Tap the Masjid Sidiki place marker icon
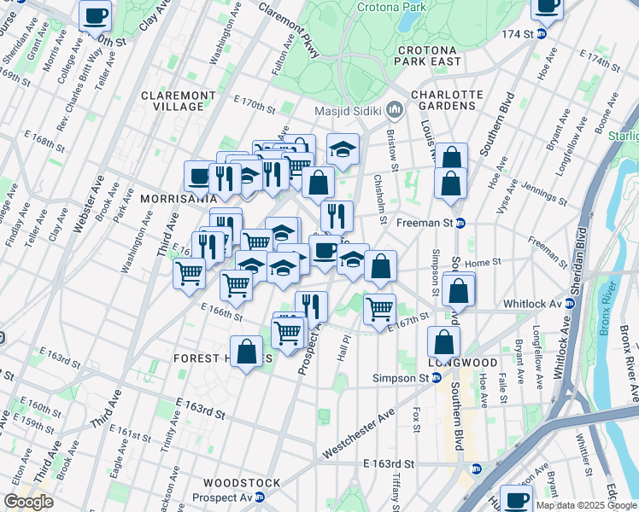[x=396, y=109]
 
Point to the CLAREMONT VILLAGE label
[x=173, y=101]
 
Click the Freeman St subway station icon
[x=460, y=224]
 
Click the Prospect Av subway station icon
[x=259, y=497]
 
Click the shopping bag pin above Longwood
[x=444, y=341]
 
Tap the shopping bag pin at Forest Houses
[x=246, y=351]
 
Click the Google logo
[x=29, y=502]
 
